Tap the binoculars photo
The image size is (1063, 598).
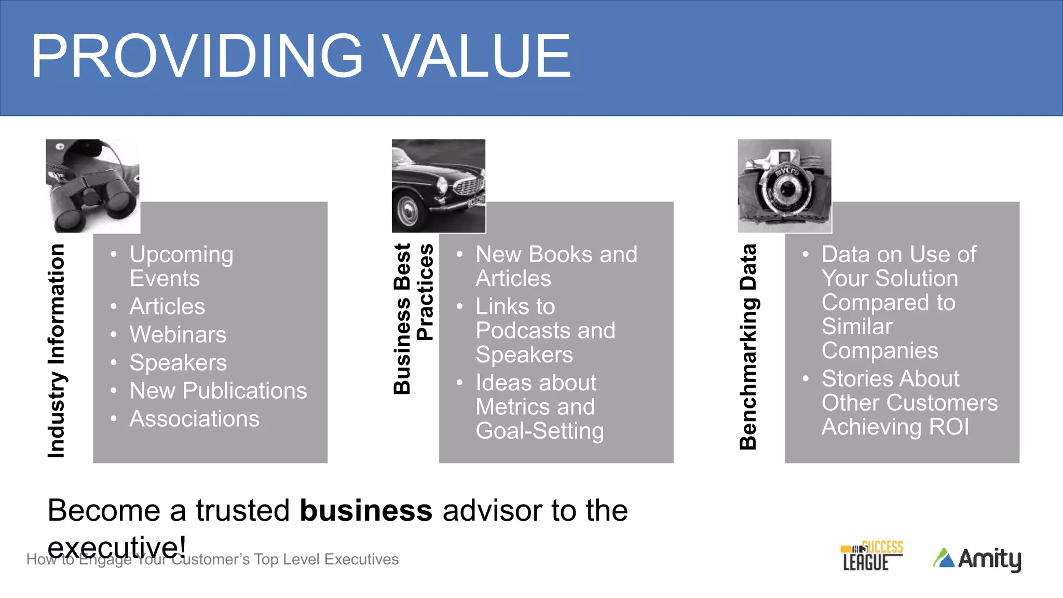(x=92, y=186)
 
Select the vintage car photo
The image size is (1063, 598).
(x=439, y=186)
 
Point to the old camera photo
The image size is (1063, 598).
(x=784, y=186)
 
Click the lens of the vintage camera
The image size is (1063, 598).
(x=787, y=189)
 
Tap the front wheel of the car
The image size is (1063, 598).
(x=408, y=210)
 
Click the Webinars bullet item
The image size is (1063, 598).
(x=178, y=334)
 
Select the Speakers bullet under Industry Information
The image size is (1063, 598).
(x=178, y=362)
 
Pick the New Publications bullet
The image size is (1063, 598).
(x=218, y=390)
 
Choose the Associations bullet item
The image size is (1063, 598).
(x=194, y=418)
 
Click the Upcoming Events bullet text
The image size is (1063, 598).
(x=181, y=266)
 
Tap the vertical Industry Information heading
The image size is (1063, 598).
(x=56, y=351)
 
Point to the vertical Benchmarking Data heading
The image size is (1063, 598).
(x=748, y=346)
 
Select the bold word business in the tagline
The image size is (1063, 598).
(x=366, y=510)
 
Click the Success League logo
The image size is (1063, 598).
(x=871, y=556)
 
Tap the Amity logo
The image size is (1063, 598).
(x=977, y=559)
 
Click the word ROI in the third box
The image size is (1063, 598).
(x=949, y=427)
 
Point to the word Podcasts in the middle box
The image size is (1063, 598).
(x=519, y=331)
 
